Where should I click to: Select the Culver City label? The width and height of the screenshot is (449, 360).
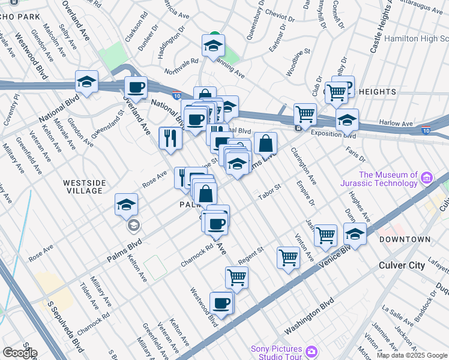click(402, 265)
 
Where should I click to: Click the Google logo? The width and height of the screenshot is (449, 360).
click(20, 352)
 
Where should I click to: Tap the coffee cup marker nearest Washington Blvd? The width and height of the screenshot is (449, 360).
click(221, 304)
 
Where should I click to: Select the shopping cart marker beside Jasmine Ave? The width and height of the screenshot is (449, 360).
click(325, 235)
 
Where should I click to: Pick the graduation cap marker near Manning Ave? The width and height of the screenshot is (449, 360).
click(213, 46)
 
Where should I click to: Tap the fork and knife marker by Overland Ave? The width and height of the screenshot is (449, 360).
click(170, 139)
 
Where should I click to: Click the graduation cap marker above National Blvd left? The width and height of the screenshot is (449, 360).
click(87, 83)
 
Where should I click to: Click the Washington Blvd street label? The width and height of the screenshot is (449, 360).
click(309, 318)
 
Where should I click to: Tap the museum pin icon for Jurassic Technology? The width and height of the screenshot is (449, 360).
click(427, 178)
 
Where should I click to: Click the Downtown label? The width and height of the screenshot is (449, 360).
click(405, 239)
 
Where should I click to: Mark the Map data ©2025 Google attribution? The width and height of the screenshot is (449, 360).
click(412, 355)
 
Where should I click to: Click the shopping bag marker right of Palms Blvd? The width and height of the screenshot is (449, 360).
click(265, 145)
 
